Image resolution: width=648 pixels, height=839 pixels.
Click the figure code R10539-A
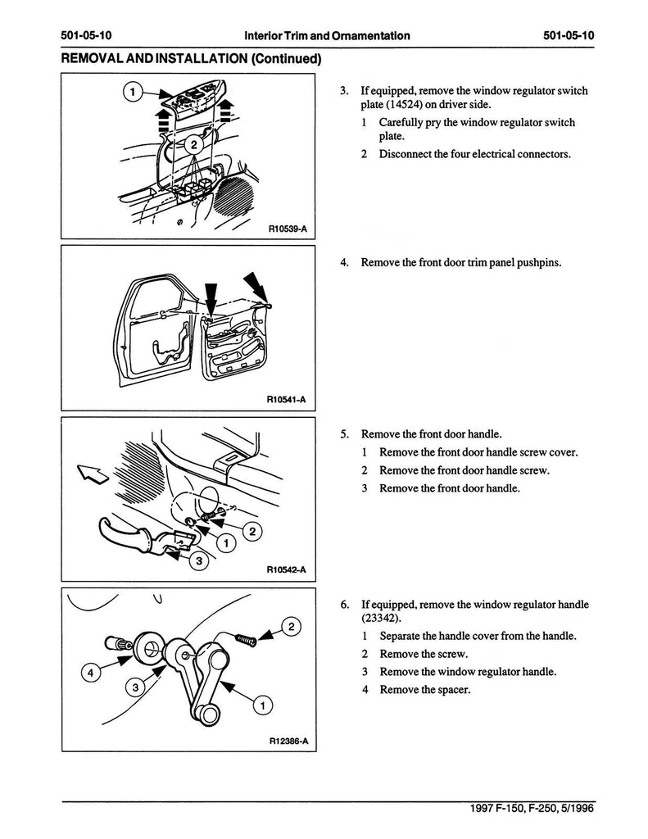287,229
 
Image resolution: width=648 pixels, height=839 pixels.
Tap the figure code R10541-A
286,400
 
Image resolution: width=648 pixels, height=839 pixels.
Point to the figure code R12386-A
287,741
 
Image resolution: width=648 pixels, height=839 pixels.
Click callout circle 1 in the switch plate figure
131,92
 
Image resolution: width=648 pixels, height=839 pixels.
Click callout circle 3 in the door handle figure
198,561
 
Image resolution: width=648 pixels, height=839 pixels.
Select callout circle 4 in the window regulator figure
92,673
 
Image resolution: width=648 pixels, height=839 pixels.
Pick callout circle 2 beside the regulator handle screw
292,628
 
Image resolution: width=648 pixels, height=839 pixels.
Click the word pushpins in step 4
539,263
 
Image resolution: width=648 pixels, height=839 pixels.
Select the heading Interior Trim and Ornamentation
327,36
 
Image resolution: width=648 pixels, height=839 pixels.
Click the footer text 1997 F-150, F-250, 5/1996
532,808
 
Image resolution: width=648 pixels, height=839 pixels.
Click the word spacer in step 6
451,690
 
